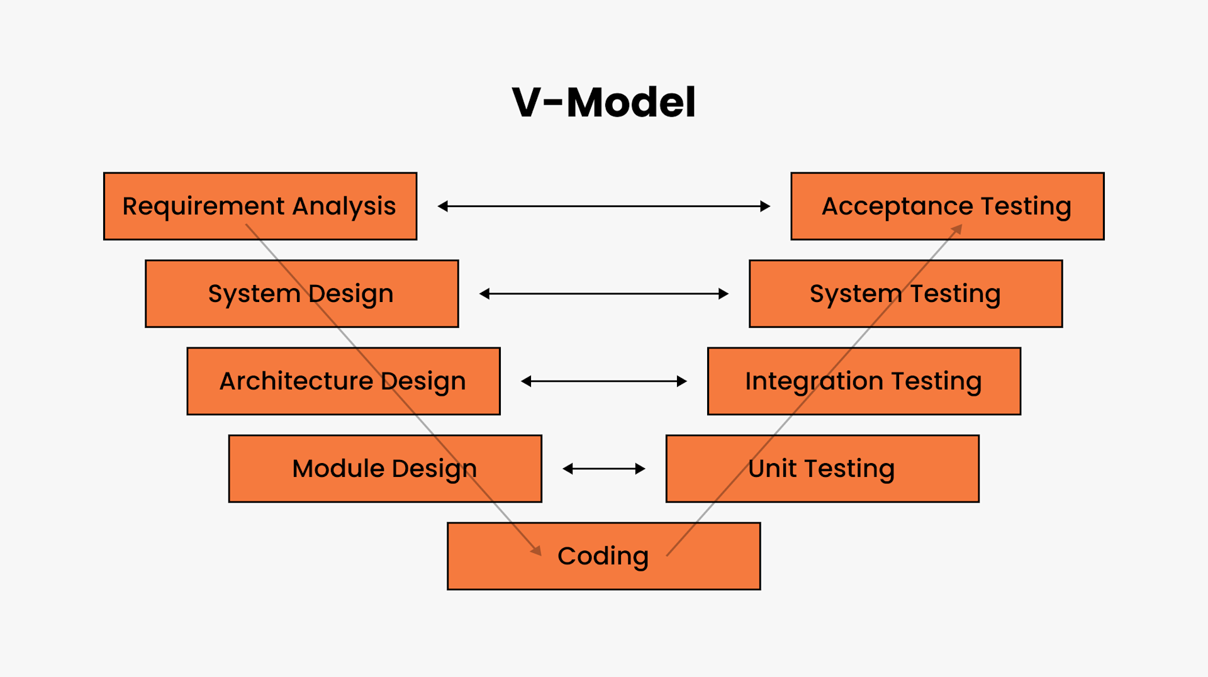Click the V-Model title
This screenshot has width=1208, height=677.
tap(603, 102)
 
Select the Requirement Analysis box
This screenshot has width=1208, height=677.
tap(260, 206)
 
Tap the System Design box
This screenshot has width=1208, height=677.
tap(301, 293)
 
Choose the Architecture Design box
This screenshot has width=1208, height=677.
tap(343, 381)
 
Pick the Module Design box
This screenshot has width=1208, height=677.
tap(384, 468)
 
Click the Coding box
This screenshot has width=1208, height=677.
tap(603, 556)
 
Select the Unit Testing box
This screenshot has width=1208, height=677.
tap(822, 468)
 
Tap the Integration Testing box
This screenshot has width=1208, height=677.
tap(863, 381)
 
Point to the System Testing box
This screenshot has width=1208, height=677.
tap(905, 293)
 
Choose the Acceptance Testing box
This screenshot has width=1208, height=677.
tap(946, 206)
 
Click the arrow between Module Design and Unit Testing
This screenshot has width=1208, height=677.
tap(603, 469)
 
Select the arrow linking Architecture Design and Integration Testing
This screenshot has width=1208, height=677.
tap(603, 381)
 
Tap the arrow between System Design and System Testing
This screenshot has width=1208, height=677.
tap(603, 294)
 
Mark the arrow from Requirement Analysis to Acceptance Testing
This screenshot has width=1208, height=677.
tap(603, 206)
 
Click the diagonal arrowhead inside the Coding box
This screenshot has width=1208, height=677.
tap(537, 551)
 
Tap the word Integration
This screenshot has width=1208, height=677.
tap(814, 381)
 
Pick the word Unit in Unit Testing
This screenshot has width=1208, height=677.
tap(772, 469)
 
